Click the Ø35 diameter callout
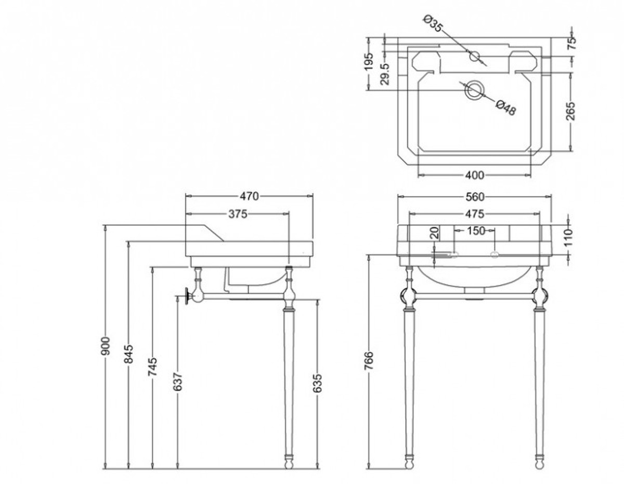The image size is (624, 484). [x=433, y=24]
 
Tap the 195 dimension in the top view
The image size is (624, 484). [x=369, y=61]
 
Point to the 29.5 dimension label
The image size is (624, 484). [x=385, y=74]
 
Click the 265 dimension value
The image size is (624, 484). [x=571, y=111]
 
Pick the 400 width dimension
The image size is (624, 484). [x=474, y=175]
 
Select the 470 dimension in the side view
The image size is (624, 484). [x=249, y=197]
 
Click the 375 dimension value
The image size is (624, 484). [x=238, y=214]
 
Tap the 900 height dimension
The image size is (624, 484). [x=106, y=346]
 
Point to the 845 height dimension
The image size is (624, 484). [x=128, y=354]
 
